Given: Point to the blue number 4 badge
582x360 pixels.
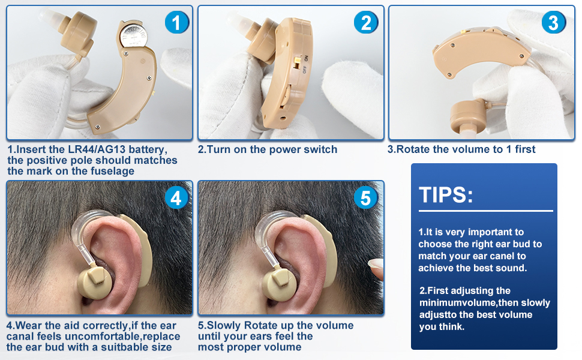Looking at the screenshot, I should (176, 197).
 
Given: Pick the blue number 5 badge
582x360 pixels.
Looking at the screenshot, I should (366, 197).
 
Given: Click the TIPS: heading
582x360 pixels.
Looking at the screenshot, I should (446, 194).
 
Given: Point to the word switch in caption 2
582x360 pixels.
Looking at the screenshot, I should (318, 149).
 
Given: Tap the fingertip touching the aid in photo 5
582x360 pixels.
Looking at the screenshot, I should (376, 266).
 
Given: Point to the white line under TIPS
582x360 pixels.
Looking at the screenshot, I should (485, 211).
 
